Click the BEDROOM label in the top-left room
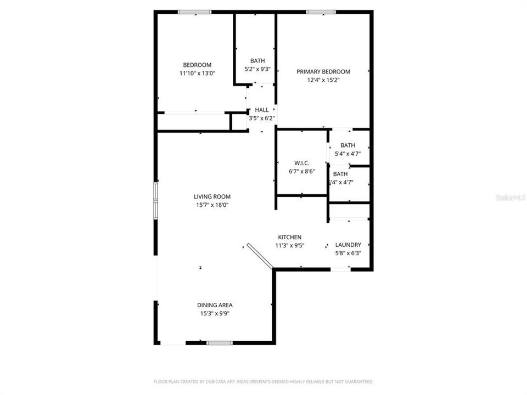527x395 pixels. pos(197,65)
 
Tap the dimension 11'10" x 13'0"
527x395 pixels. pos(197,73)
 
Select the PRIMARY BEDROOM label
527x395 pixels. pos(323,71)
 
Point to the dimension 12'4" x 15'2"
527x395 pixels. pos(323,80)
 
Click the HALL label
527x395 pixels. pos(262,110)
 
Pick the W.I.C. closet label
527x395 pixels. pos(302,163)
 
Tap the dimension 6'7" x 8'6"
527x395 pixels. pos(302,171)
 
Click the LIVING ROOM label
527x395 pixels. pos(212,196)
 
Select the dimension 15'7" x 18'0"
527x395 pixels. pos(212,205)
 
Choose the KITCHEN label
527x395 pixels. pos(289,237)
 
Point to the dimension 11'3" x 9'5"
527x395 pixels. pos(289,246)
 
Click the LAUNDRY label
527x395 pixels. pos(348,245)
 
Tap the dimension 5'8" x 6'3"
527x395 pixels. pos(348,253)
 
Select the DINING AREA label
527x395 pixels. pos(215,305)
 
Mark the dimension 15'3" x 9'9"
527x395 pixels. pos(215,314)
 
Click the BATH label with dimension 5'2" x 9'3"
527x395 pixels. pos(257,60)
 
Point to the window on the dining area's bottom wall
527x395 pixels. pos(220,343)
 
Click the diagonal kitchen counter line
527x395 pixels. pos(260,257)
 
